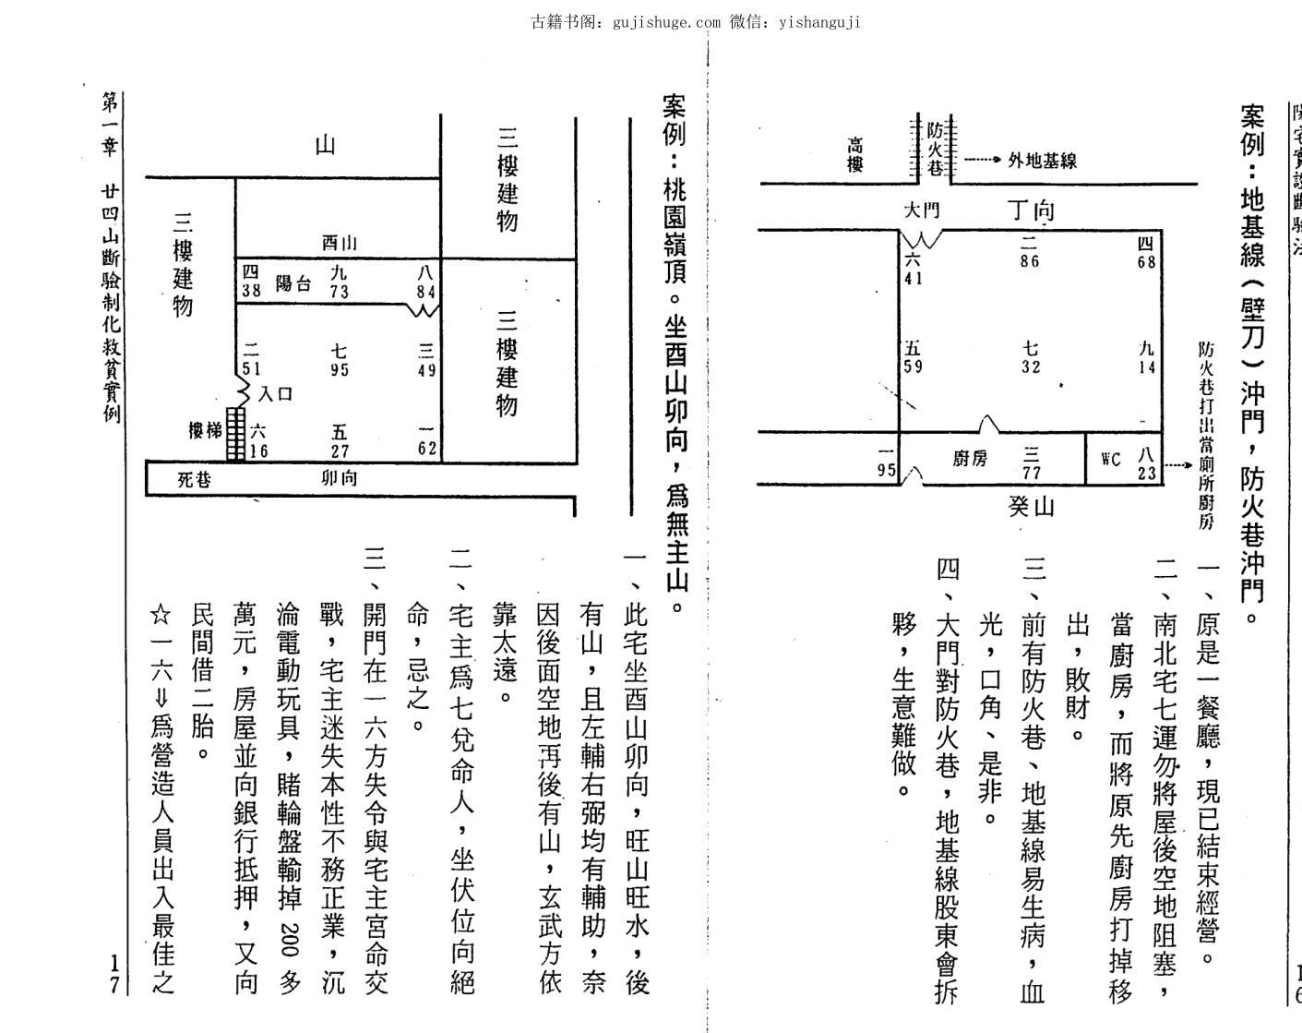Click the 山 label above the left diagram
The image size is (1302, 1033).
(325, 145)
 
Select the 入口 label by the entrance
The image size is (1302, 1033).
(276, 394)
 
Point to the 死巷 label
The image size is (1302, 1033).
(194, 480)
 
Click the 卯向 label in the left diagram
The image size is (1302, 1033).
(339, 478)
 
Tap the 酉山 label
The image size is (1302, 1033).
(339, 243)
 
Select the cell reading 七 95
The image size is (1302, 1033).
(339, 360)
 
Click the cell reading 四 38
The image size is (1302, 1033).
(250, 281)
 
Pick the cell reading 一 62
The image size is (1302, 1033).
(425, 441)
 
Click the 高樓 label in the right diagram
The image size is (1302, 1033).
(855, 155)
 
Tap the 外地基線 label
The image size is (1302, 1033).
(1042, 161)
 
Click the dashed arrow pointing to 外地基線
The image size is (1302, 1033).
(983, 161)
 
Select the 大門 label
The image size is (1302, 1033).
(920, 211)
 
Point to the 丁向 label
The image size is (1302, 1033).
(1031, 210)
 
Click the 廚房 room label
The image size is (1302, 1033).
(969, 458)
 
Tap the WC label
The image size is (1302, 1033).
(1111, 458)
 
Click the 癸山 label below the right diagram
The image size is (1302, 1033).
(1031, 506)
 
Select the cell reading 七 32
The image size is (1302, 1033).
(1031, 357)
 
